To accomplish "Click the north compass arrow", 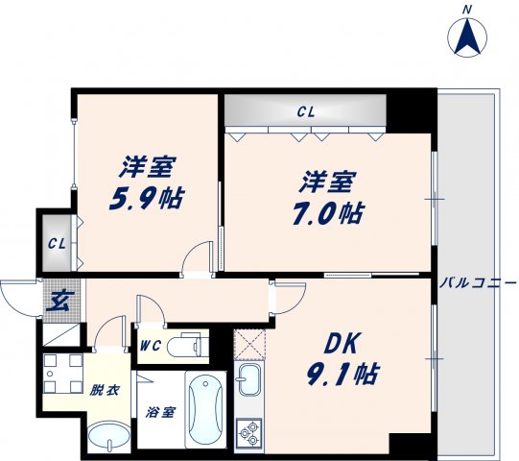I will (x=467, y=37).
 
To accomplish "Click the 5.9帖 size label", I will (x=146, y=199).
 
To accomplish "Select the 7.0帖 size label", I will (x=329, y=213).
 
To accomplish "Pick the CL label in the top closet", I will (x=305, y=112).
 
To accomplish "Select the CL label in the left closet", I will (x=57, y=243).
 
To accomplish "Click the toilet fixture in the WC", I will (x=186, y=345).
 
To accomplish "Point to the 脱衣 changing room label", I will (x=105, y=391).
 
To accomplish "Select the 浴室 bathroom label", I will (x=160, y=413).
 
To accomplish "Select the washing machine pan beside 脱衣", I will (x=64, y=374).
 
